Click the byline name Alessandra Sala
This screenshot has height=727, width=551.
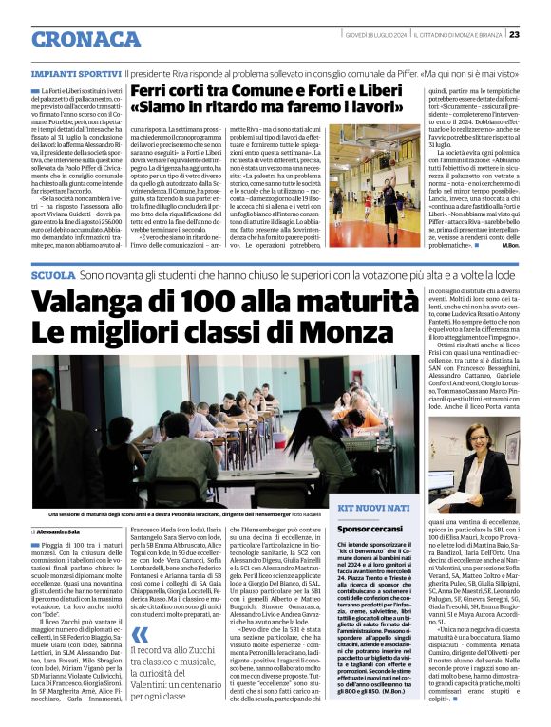pos(63,532)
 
